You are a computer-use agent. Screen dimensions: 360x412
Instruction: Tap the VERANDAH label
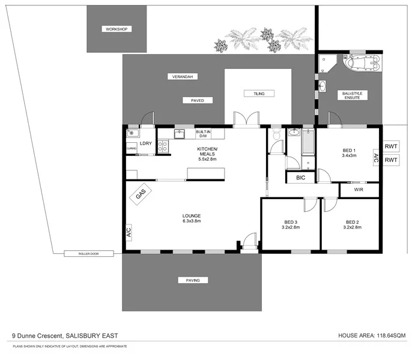pyautogui.click(x=184, y=77)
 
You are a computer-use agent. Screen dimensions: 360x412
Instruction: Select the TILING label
pyautogui.click(x=258, y=94)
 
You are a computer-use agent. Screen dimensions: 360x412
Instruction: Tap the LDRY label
pyautogui.click(x=145, y=144)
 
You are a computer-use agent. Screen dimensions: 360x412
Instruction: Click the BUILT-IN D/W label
pyautogui.click(x=202, y=133)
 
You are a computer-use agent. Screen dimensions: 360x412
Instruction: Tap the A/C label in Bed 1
pyautogui.click(x=376, y=159)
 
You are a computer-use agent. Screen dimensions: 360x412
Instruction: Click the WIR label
pyautogui.click(x=359, y=190)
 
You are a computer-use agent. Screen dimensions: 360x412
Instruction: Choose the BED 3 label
pyautogui.click(x=291, y=222)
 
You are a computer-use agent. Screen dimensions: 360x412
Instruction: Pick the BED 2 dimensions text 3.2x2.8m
pyautogui.click(x=351, y=228)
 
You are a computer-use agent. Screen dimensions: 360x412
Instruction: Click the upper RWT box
pyautogui.click(x=392, y=146)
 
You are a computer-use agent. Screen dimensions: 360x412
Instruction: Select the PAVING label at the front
pyautogui.click(x=192, y=280)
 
